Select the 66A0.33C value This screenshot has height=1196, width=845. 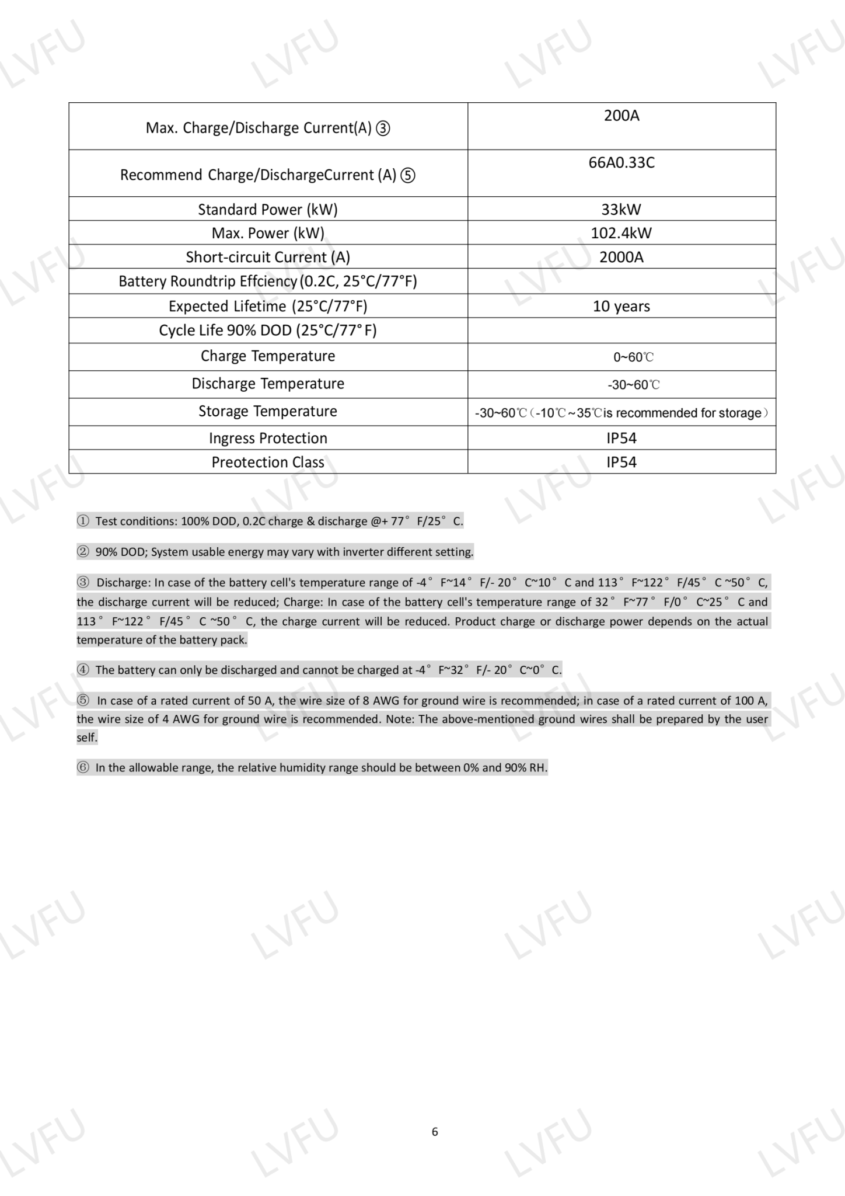[x=621, y=162]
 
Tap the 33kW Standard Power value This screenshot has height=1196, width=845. [x=621, y=210]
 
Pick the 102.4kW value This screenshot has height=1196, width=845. [x=621, y=233]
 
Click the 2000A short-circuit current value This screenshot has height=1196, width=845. [x=621, y=257]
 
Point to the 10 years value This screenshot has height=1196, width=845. [x=621, y=306]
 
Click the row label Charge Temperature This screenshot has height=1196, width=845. [x=268, y=356]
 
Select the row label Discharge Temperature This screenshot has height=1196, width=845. [x=268, y=384]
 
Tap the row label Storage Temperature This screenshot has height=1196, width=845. [x=268, y=411]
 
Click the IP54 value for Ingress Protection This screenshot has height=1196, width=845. [x=621, y=438]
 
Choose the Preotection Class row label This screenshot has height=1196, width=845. [x=268, y=462]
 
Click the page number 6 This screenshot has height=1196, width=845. [x=435, y=1132]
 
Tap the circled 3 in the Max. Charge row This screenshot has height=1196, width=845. [x=383, y=128]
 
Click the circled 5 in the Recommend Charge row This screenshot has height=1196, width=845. [x=408, y=175]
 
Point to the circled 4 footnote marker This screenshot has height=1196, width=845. [x=83, y=670]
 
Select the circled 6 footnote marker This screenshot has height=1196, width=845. [x=83, y=767]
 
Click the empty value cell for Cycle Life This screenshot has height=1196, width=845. [x=621, y=331]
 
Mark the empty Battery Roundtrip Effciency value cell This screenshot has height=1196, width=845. [x=621, y=281]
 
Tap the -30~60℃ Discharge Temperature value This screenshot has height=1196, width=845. [x=634, y=385]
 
